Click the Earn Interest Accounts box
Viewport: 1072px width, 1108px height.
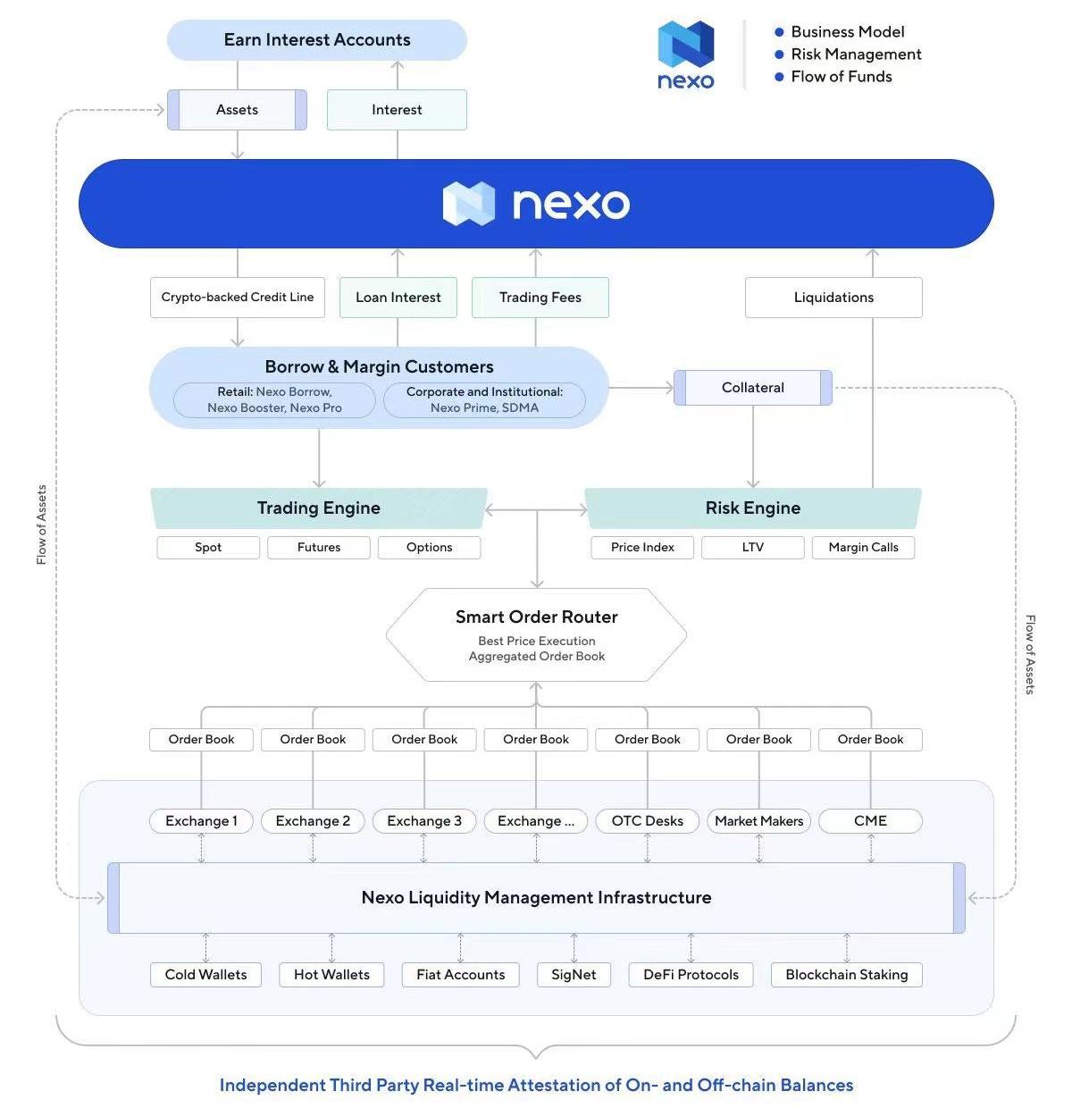point(317,40)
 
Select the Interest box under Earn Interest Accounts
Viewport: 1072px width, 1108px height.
point(397,110)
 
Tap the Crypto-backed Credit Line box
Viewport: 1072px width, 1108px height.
point(238,298)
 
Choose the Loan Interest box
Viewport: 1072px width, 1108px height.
point(398,298)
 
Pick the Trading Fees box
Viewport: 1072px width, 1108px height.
point(540,298)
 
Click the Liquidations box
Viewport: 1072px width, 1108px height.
point(833,298)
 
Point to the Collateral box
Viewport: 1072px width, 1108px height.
point(753,388)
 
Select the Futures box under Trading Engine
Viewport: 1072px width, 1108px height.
point(319,548)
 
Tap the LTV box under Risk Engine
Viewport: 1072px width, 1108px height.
point(753,548)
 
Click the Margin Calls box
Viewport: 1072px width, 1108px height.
point(863,548)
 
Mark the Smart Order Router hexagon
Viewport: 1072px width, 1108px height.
point(536,634)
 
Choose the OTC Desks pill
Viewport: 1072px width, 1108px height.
point(648,821)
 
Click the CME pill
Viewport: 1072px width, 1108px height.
point(870,821)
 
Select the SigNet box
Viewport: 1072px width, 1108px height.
point(574,975)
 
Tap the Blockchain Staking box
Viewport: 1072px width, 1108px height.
point(846,975)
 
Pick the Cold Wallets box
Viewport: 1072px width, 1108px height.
point(206,975)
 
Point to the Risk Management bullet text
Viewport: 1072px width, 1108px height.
point(856,55)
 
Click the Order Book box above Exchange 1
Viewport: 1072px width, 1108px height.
point(202,740)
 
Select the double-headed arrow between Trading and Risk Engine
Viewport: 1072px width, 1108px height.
point(536,510)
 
